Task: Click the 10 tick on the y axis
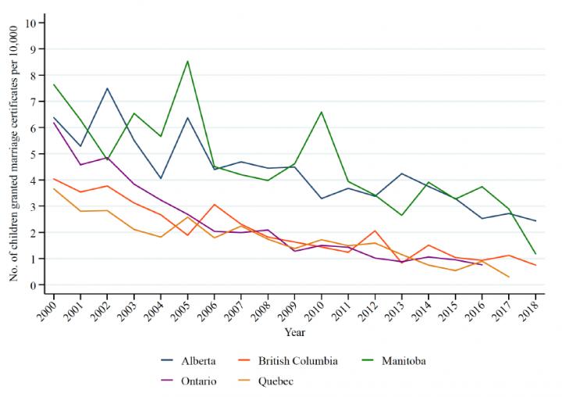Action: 30,23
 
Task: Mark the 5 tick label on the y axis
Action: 34,154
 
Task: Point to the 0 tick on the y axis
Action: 34,284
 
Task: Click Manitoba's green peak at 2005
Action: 187,61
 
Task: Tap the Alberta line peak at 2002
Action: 107,88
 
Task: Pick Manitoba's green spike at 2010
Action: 321,112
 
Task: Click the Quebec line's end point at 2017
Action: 509,277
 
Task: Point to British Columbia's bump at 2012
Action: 375,231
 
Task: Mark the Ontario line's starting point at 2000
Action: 53,123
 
